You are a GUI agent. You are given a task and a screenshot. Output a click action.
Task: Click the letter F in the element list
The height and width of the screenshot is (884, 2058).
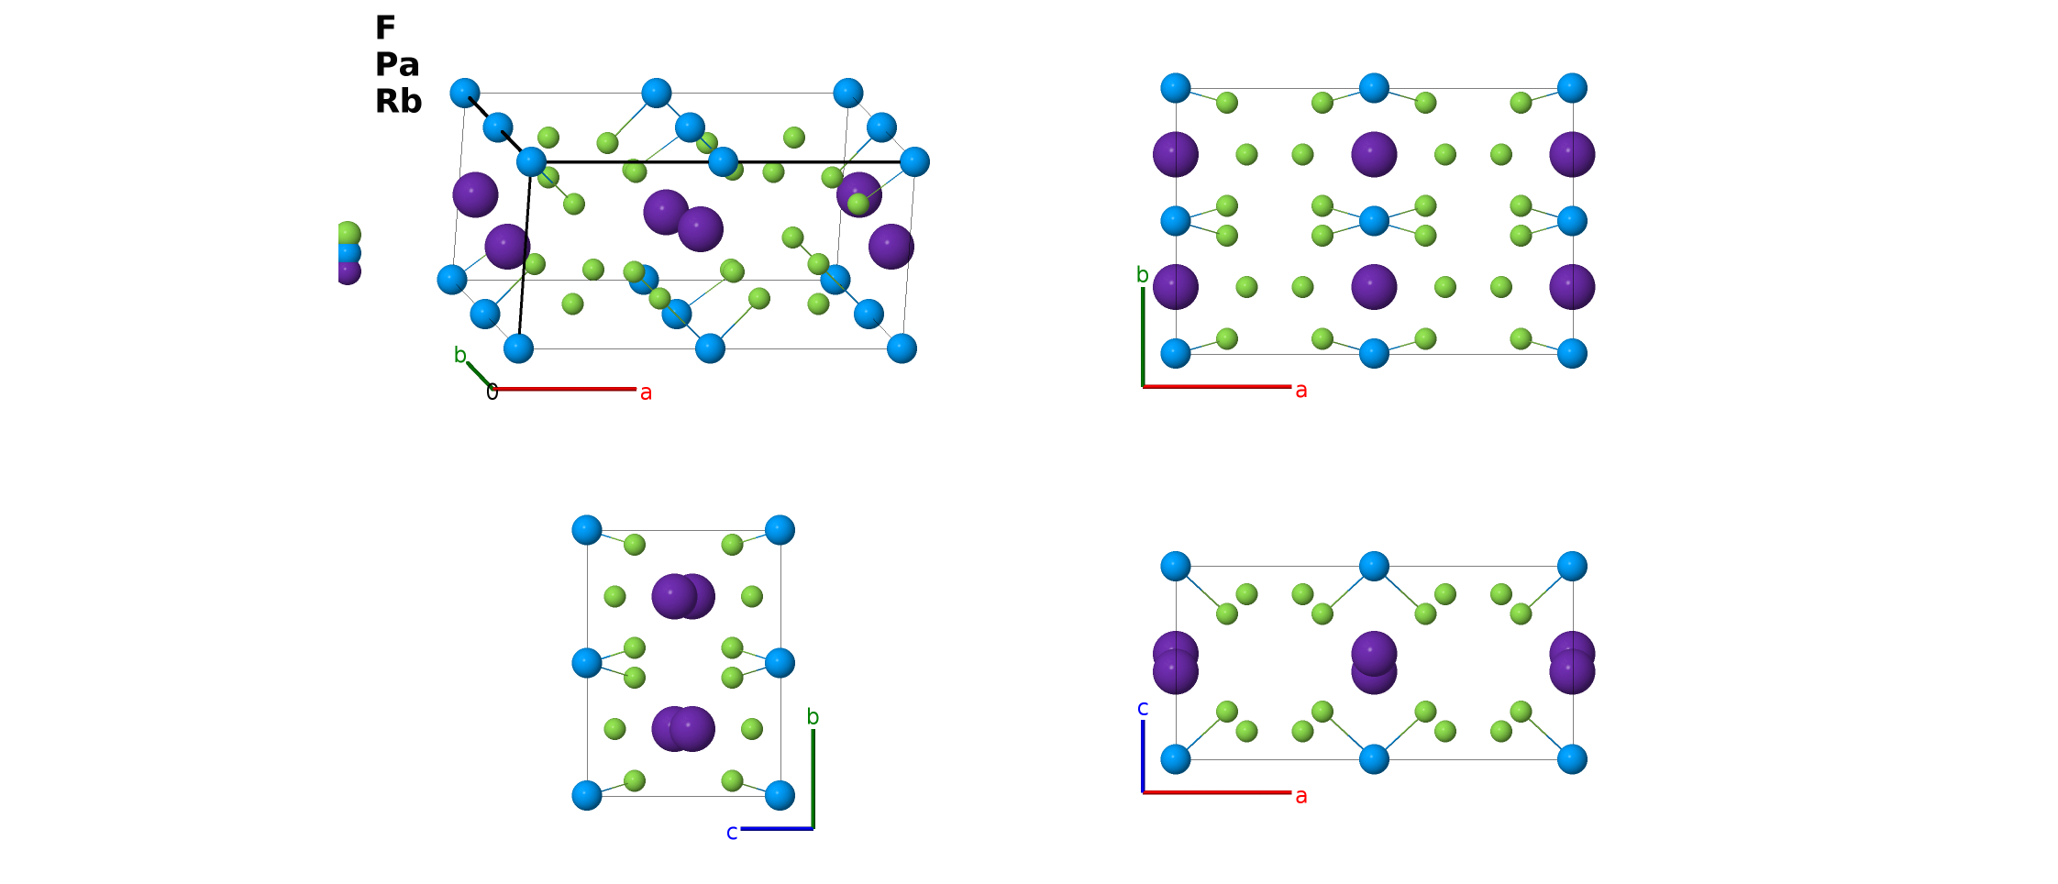point(384,28)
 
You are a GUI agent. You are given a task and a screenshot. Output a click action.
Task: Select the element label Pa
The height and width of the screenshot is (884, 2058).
point(397,64)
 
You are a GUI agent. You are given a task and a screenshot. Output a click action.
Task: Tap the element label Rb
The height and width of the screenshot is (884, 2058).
point(398,101)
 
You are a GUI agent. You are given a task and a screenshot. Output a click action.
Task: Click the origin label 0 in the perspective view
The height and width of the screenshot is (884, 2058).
point(492,392)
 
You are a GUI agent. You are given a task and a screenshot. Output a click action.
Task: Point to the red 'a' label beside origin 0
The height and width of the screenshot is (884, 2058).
point(646,392)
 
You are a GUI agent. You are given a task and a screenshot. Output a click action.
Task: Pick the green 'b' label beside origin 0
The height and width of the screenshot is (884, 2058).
point(460,355)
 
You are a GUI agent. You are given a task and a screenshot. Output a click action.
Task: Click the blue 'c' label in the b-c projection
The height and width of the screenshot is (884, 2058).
point(732,832)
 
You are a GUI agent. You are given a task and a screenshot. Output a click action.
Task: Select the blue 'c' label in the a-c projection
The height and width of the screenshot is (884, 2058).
point(1143,708)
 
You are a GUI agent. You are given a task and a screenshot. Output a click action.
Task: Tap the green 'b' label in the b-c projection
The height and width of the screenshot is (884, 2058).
point(813,716)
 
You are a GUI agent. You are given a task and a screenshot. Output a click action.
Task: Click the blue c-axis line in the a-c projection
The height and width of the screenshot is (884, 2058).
point(1143,757)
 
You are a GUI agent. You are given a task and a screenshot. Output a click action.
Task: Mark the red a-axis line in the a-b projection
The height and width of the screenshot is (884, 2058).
point(1217,387)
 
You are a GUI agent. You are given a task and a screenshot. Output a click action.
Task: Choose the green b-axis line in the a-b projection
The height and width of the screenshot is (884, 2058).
point(1143,337)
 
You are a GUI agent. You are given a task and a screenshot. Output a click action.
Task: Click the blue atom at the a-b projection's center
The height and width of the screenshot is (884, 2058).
point(1374,221)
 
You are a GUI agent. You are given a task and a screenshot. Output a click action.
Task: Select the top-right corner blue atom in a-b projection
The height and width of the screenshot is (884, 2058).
point(1572,88)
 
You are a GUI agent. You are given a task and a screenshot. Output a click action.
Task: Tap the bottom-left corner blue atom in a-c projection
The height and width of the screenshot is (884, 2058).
point(1176,759)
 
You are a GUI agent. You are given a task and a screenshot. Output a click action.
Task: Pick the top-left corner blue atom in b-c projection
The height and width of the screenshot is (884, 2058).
point(587,530)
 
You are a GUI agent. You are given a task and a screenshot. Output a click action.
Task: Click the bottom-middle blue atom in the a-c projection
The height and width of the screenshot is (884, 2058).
point(1374,759)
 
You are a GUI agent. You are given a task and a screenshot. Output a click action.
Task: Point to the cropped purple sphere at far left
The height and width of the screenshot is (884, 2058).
point(348,272)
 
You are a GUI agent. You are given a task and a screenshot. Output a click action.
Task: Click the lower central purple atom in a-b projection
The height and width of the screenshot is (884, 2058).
point(1374,287)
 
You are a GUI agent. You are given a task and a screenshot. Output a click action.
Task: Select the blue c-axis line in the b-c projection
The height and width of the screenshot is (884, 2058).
point(777,829)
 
